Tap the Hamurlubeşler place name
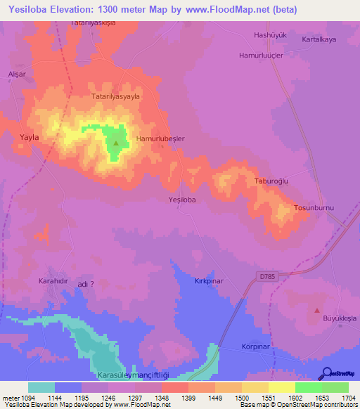pos(160,139)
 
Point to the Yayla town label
pos(30,138)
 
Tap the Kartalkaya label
pos(320,39)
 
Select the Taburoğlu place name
pos(272,181)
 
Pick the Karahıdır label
pos(52,280)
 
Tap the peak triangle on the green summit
pos(116,143)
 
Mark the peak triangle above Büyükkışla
pos(316,310)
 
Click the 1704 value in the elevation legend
pos(348,397)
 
